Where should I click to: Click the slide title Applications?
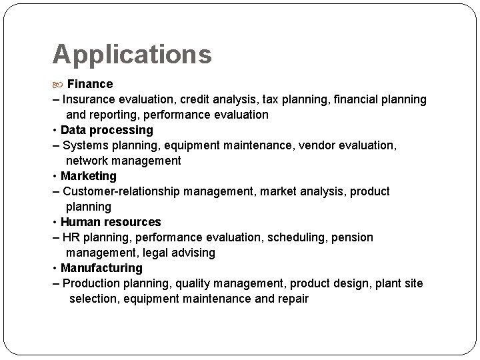(132, 54)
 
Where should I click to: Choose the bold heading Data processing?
(107, 130)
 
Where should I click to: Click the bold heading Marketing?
(88, 176)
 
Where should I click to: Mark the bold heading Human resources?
(111, 222)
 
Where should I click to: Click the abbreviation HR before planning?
(71, 237)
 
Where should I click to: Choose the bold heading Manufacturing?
(101, 268)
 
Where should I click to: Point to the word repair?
(293, 299)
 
